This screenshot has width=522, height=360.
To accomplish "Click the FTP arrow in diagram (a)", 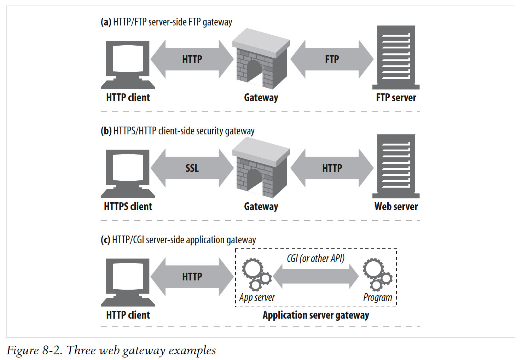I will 332,59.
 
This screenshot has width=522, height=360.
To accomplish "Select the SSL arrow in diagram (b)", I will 192,168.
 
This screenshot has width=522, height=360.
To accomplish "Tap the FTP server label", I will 396,98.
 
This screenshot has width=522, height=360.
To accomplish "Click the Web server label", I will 396,207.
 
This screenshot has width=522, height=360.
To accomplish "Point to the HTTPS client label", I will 128,207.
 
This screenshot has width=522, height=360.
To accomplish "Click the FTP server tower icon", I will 396,57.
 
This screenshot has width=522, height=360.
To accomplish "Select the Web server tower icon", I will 396,166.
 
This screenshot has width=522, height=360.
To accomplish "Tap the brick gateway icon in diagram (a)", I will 261,59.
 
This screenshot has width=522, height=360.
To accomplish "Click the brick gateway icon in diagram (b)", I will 261,168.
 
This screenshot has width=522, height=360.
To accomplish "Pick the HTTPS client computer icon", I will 128,173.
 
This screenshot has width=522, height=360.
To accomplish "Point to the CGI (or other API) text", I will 315,259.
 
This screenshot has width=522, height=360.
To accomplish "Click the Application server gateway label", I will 315,315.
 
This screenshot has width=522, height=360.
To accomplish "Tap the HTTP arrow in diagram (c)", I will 192,277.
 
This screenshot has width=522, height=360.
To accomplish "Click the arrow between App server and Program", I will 316,277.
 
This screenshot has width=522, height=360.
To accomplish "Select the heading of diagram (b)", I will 178,131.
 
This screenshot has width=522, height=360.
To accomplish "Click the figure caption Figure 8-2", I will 111,350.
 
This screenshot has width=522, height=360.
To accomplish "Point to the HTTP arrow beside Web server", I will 332,168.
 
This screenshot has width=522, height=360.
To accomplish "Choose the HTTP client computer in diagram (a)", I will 128,64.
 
